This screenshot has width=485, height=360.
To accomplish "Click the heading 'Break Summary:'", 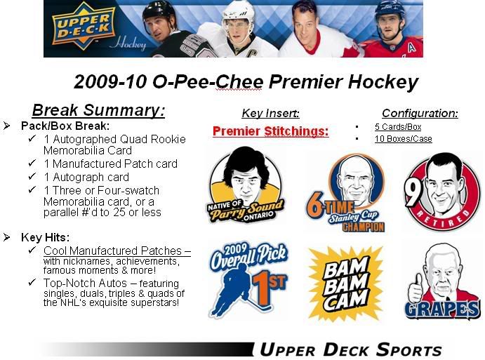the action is [x=98, y=110].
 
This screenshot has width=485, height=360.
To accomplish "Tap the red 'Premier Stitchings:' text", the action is [x=271, y=131].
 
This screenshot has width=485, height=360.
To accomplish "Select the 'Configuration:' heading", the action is [x=420, y=113].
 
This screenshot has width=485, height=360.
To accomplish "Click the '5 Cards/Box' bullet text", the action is [x=398, y=127].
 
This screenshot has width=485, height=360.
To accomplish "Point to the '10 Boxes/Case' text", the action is [x=404, y=139].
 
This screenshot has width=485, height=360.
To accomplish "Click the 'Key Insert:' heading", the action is [x=271, y=113].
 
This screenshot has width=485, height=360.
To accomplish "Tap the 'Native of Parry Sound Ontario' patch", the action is [x=246, y=185].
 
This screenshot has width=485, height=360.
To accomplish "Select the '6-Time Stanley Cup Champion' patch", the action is [x=347, y=192].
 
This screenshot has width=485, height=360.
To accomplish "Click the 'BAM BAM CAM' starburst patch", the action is [x=346, y=283].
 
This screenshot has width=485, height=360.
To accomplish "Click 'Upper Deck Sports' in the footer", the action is [x=350, y=349].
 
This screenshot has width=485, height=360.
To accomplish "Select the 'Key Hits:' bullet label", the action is [x=45, y=237].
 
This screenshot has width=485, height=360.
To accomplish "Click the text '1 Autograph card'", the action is [x=86, y=178].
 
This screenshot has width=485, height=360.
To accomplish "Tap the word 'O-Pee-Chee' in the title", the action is [x=208, y=81].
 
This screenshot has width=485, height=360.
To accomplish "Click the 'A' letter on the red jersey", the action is [x=411, y=47].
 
